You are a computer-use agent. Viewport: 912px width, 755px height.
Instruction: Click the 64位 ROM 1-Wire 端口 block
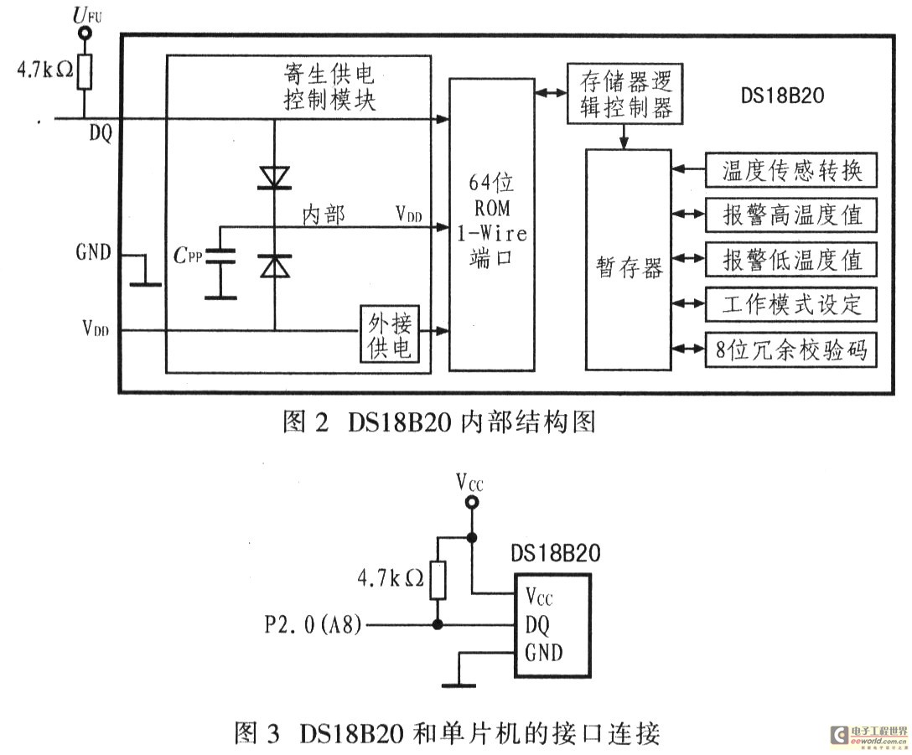(x=492, y=225)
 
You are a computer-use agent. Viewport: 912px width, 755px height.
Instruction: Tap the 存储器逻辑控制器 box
(x=620, y=93)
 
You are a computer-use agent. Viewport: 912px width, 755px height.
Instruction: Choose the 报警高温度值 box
(x=792, y=215)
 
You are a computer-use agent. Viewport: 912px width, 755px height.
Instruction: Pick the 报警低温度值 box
(x=792, y=261)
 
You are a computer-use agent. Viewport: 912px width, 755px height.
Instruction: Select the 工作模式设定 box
(x=792, y=305)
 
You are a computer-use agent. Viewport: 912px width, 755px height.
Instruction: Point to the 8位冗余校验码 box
(x=792, y=350)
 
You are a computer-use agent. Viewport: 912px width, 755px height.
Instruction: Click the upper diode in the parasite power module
(x=274, y=178)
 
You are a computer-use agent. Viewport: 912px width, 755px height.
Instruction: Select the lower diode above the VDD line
(x=274, y=266)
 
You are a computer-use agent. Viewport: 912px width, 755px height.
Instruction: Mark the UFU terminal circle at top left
(x=84, y=34)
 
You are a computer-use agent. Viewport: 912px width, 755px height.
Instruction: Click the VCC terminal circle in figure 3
(x=472, y=502)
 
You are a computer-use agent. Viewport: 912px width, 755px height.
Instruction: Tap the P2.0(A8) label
(x=312, y=625)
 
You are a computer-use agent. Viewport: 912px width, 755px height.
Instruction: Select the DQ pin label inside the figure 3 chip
(x=539, y=625)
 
